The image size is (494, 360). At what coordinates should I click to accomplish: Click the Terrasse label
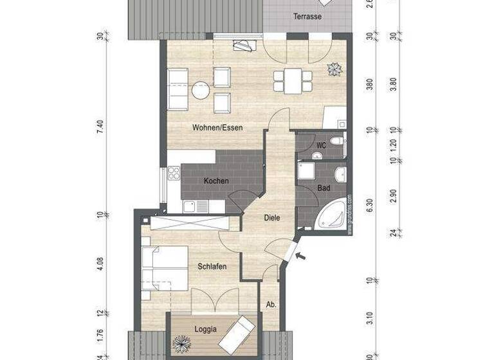click(x=307, y=17)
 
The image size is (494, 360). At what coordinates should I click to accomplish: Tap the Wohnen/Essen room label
click(x=217, y=127)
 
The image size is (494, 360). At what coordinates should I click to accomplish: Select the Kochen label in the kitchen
click(x=216, y=181)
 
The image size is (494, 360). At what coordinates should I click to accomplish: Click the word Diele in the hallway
click(x=272, y=217)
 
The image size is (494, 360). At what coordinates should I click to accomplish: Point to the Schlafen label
click(x=212, y=267)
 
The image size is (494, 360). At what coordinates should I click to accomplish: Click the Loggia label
click(x=205, y=329)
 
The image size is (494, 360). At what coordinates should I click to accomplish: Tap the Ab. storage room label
click(x=271, y=305)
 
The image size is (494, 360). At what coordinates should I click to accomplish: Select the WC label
click(x=321, y=146)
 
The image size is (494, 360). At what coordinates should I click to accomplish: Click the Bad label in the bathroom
click(x=324, y=188)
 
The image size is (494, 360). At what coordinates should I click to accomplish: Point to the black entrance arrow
click(x=300, y=257)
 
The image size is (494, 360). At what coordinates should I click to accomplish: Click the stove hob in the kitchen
click(x=174, y=174)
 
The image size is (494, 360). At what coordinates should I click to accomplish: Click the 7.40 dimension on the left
click(x=100, y=127)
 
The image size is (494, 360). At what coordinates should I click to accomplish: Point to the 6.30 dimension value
click(x=369, y=206)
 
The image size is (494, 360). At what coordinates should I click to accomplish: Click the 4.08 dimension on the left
click(x=100, y=265)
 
